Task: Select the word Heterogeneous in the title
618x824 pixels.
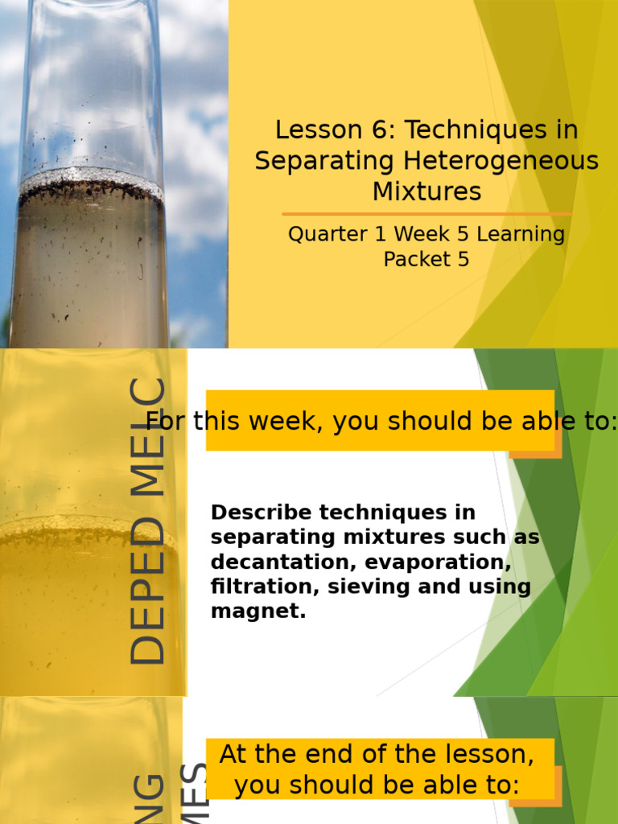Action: click(x=501, y=161)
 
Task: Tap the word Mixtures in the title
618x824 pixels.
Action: click(x=426, y=192)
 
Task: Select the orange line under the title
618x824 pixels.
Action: click(x=426, y=214)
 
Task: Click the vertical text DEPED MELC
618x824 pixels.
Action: click(x=148, y=521)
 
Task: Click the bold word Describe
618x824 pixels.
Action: click(x=262, y=513)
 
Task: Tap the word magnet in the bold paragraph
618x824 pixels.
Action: click(x=256, y=612)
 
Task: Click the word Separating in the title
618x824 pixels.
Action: click(x=326, y=161)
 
